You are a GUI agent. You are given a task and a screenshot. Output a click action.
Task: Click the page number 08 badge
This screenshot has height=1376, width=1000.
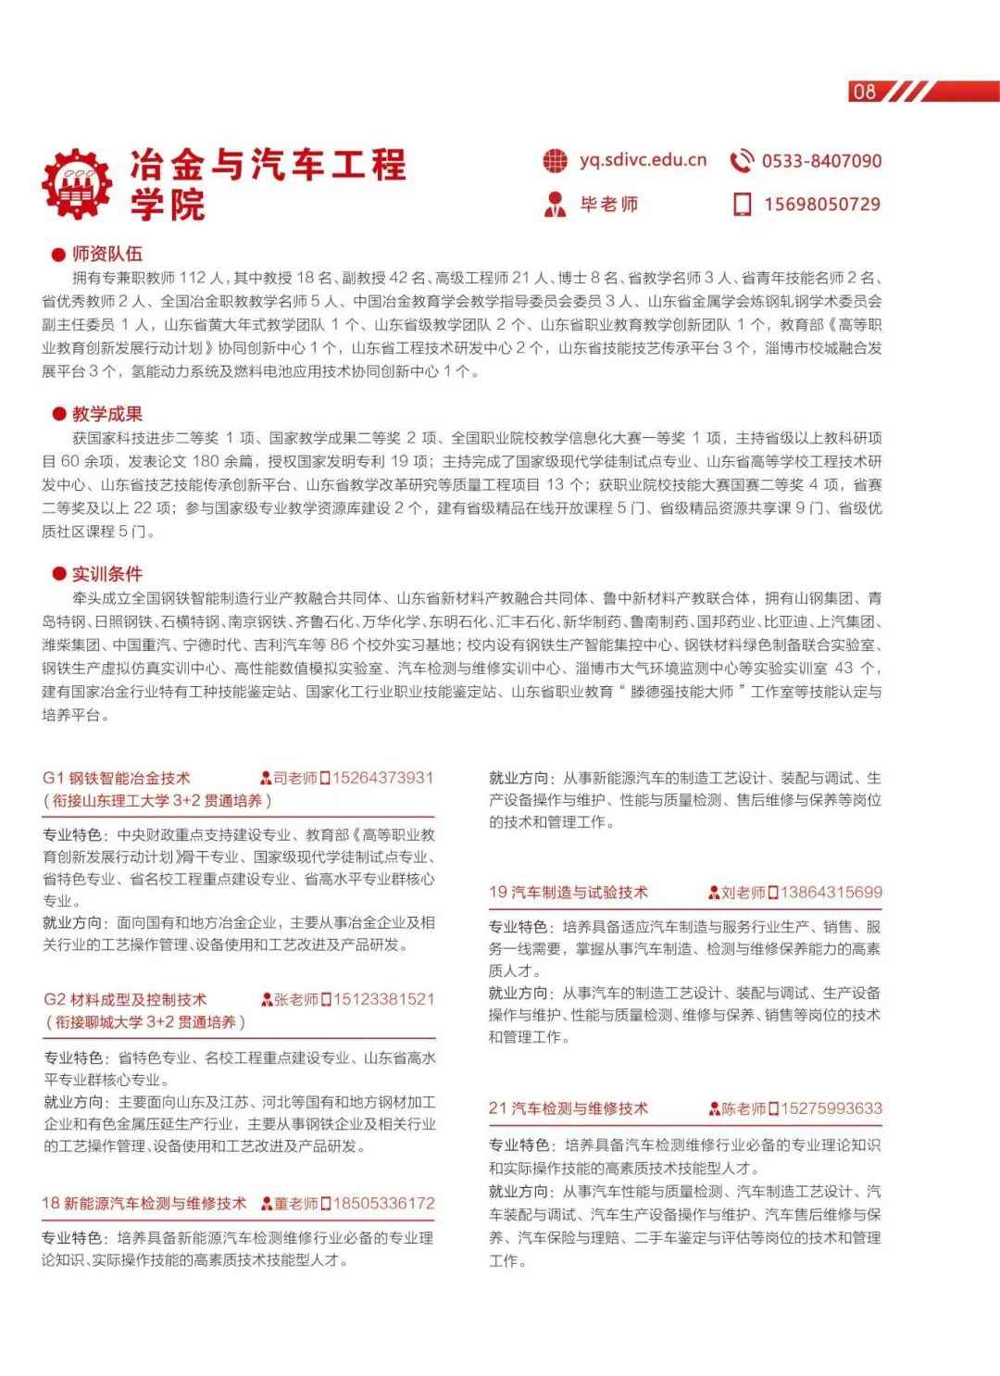coord(864,92)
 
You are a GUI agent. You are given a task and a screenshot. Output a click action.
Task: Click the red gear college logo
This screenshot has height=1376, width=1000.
coord(77,184)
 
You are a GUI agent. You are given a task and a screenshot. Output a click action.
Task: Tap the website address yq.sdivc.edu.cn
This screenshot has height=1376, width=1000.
coord(643,160)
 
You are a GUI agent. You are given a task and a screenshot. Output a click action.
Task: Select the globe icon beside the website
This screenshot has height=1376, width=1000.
coord(555,160)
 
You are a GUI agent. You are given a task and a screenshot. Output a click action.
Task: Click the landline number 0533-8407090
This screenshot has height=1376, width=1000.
coord(821,161)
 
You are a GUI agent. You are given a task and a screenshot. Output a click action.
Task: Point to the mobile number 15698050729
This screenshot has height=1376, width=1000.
coord(821,205)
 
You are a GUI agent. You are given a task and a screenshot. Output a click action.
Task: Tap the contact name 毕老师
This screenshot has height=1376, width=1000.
coord(608,205)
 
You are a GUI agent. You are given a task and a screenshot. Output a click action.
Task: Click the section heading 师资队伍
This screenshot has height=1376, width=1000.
coord(107,254)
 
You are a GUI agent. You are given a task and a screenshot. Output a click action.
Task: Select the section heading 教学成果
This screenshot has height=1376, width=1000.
coord(107,414)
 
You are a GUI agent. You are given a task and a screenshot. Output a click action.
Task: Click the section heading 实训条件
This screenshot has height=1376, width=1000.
coord(107,574)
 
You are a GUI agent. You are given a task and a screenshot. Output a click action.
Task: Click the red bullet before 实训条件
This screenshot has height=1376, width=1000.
coord(59,574)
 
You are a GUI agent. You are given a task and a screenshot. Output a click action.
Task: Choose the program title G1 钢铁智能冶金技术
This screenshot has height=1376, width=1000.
coord(117,779)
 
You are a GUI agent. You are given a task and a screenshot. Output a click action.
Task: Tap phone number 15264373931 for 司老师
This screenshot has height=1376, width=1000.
coord(382,778)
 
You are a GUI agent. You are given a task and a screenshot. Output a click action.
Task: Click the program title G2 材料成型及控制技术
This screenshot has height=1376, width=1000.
coord(125,1000)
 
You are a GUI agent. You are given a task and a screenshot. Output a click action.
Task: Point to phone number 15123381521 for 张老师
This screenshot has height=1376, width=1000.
coord(383,999)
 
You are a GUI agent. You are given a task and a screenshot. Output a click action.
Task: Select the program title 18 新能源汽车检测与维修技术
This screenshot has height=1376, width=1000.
coord(144,1204)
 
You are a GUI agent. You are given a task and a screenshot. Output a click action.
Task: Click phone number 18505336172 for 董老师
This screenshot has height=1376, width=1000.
coord(383,1204)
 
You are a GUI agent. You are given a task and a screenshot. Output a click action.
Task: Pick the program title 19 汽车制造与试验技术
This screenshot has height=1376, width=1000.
coord(569,893)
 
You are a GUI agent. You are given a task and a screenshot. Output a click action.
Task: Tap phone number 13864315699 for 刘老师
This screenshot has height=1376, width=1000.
coord(831,893)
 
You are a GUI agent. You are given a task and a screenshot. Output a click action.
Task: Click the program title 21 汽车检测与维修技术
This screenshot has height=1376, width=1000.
coord(569,1108)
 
